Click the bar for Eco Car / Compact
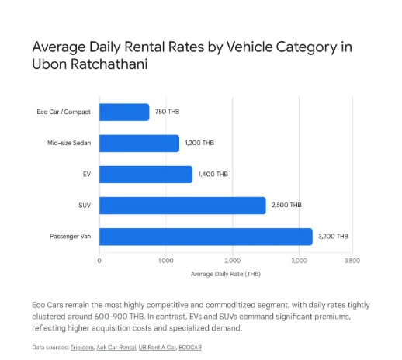124,112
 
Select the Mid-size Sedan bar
139,144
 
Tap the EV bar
146,175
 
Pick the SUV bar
182,206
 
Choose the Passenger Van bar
206,237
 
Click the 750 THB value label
167,112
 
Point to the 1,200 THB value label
199,143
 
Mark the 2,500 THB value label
286,205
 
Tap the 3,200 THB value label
333,237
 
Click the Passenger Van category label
71,237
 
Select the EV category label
87,174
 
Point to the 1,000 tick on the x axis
166,261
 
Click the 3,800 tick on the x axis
352,261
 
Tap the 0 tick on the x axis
99,261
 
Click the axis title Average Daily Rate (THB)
226,274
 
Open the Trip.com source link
82,348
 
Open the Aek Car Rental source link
116,348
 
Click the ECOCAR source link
190,348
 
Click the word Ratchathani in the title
109,64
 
